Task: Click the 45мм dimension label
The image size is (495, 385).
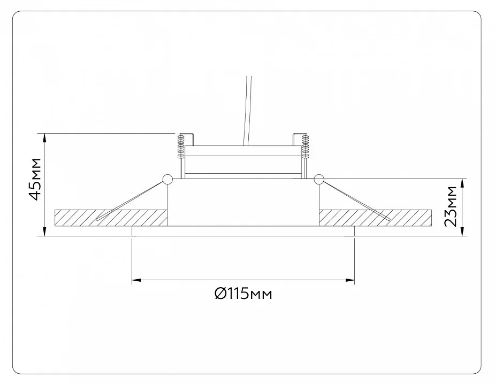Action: coord(35,179)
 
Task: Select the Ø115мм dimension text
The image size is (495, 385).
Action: coord(243,294)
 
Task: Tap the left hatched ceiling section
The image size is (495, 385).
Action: coord(110,218)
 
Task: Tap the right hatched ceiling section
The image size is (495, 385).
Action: coord(375,218)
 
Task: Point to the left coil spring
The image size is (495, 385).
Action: coord(181,147)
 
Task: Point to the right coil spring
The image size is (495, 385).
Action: coord(305,147)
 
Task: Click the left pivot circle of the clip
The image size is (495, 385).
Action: coord(167,179)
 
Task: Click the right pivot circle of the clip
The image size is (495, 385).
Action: coord(319,179)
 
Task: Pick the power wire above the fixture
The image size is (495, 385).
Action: coord(248,111)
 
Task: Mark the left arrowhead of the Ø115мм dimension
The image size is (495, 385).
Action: coord(136,280)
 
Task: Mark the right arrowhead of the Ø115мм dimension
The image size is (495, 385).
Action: coord(350,280)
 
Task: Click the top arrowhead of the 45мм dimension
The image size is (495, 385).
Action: coord(44,138)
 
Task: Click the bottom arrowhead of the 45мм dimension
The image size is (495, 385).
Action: coord(44,232)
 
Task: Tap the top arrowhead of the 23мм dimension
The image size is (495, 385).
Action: coord(463,183)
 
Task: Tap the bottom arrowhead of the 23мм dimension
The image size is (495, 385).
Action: coord(463,232)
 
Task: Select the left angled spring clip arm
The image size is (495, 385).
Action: coord(131,201)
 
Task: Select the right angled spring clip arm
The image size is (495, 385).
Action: coord(356,201)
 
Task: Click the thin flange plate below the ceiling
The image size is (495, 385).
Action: coord(243,231)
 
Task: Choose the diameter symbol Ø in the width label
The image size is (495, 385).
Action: coord(220,294)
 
